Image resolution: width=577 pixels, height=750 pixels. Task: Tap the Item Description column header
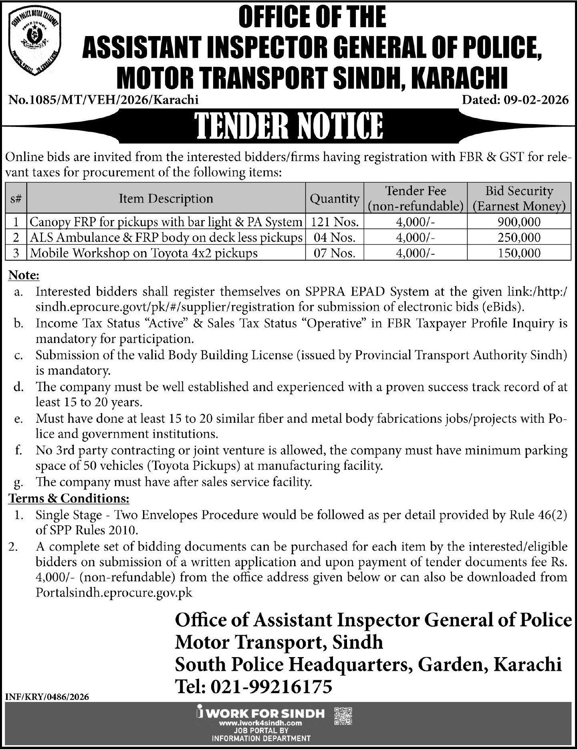[166, 199]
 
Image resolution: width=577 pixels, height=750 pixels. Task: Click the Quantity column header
[335, 199]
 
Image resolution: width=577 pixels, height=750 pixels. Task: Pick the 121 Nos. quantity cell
[335, 222]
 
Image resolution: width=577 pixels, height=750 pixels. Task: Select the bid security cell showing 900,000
[519, 222]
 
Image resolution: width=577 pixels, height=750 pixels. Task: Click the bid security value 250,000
[519, 237]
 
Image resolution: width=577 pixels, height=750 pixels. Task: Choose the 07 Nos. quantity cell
[335, 253]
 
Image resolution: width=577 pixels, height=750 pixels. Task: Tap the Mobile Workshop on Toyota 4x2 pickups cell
[143, 253]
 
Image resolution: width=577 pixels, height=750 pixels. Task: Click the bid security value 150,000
[519, 253]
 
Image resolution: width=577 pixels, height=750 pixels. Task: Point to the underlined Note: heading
[24, 275]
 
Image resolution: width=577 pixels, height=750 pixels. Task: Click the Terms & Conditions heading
[69, 499]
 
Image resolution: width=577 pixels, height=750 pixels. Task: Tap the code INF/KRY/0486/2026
[47, 697]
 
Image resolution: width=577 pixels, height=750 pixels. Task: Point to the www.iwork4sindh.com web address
[260, 723]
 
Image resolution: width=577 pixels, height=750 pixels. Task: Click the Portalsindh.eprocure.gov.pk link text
[114, 593]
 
